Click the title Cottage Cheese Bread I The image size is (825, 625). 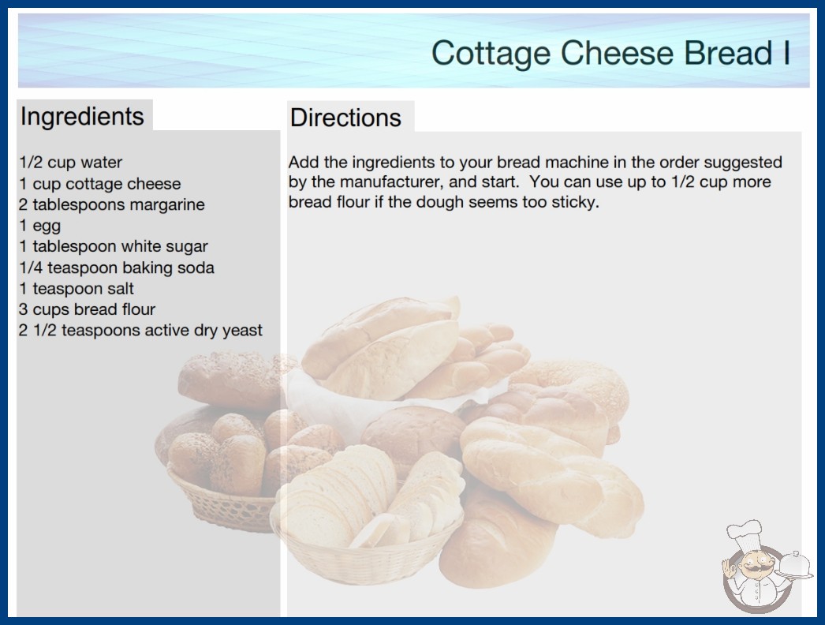[610, 53]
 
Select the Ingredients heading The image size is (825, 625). [82, 117]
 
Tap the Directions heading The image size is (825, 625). [345, 118]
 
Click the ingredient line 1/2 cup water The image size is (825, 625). [70, 163]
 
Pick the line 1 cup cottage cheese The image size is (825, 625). [100, 184]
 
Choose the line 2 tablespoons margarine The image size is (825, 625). [111, 205]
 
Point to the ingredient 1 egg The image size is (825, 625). [40, 226]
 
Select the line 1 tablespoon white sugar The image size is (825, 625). [114, 246]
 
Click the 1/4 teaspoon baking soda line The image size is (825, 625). [116, 268]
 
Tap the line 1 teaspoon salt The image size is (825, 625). [77, 289]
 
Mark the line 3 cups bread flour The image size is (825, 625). [87, 309]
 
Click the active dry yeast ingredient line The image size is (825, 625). [140, 330]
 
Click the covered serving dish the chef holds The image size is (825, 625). [795, 566]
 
